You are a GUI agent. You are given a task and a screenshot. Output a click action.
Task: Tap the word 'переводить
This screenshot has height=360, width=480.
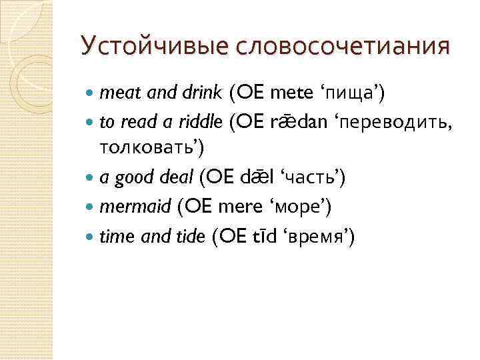(x=393, y=123)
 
